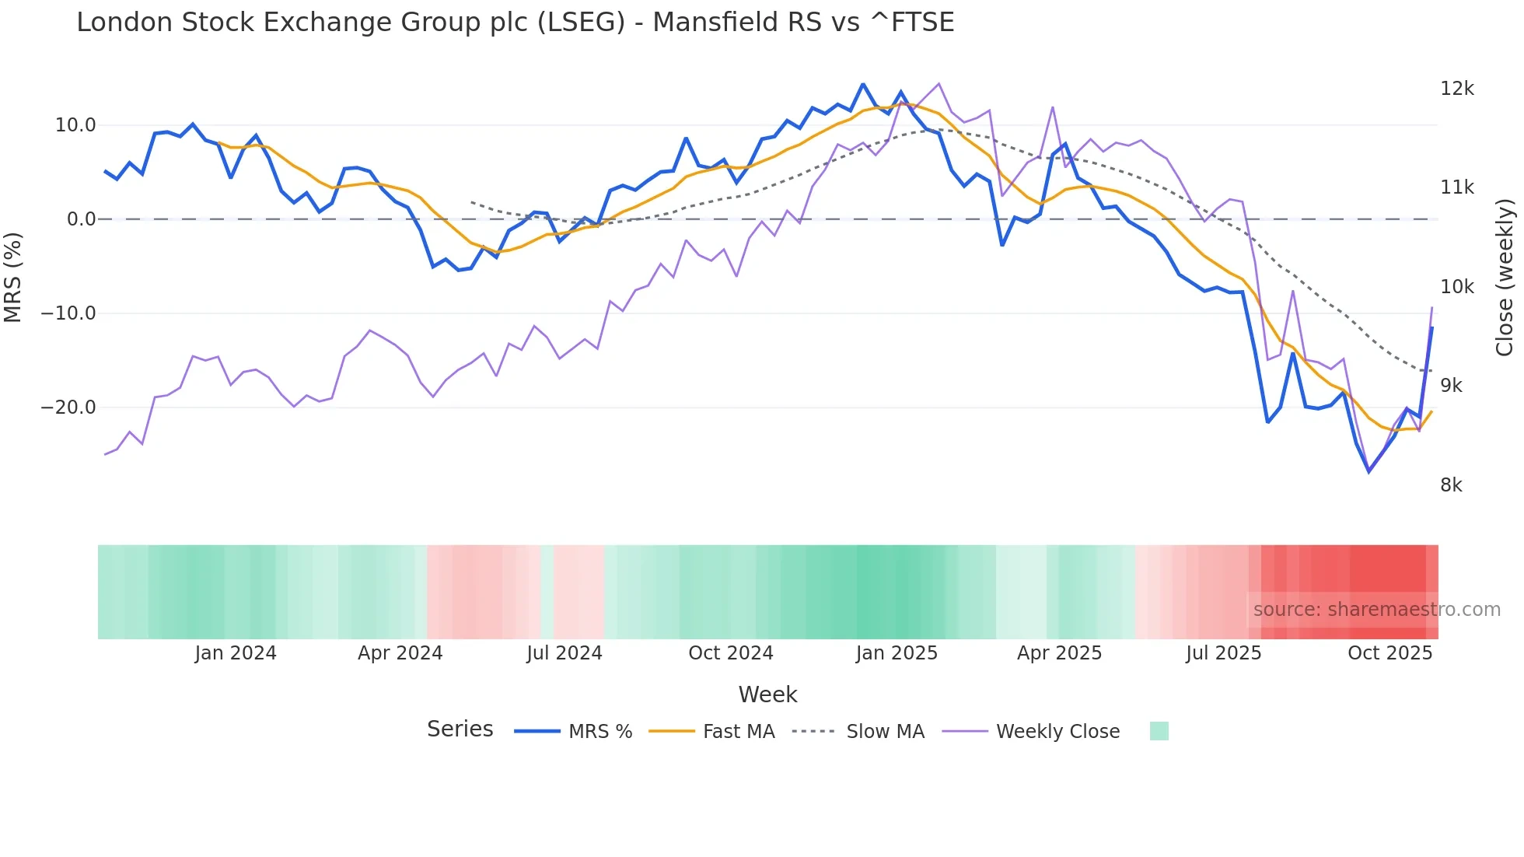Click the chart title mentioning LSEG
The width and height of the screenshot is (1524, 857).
pos(515,23)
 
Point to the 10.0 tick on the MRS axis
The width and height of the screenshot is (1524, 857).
pos(75,125)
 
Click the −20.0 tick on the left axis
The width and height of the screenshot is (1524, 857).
pos(68,408)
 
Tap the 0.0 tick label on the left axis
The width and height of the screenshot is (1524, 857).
pos(81,219)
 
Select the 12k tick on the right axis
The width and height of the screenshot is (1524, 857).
pos(1456,89)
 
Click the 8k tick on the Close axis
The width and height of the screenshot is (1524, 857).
pos(1451,485)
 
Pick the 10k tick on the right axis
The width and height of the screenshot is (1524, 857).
pos(1456,287)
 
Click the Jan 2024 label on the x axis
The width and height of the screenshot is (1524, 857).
pos(235,653)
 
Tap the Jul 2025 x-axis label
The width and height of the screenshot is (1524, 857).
pos(1223,653)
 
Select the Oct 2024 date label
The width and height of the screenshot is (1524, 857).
pos(730,653)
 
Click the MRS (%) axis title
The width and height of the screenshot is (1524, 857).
pos(13,277)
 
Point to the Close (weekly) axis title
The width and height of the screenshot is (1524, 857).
pos(1505,277)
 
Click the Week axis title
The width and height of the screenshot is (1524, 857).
pos(767,694)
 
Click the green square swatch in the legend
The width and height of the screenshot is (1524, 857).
pos(1159,731)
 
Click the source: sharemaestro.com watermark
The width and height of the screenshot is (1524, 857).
pos(1376,610)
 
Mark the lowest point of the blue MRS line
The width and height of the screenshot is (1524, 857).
pos(1368,471)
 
